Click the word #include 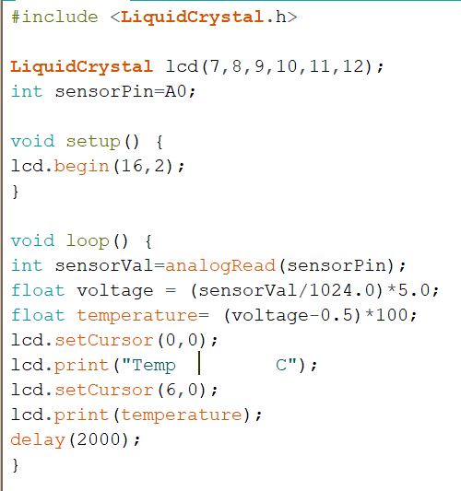pyautogui.click(x=54, y=17)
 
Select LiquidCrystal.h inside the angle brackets pyautogui.click(x=204, y=18)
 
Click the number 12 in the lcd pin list pyautogui.click(x=353, y=66)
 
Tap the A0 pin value pyautogui.click(x=176, y=91)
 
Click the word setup pyautogui.click(x=93, y=142)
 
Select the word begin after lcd pyautogui.click(x=81, y=167)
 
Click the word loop pyautogui.click(x=88, y=241)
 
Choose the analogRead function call pyautogui.click(x=220, y=266)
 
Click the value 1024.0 pyautogui.click(x=342, y=290)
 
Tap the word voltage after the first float pyautogui.click(x=115, y=291)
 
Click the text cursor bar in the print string pyautogui.click(x=199, y=363)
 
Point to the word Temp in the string pyautogui.click(x=154, y=366)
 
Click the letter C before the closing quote pyautogui.click(x=281, y=365)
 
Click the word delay pyautogui.click(x=38, y=440)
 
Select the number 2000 pyautogui.click(x=99, y=439)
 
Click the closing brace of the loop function pyautogui.click(x=16, y=465)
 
